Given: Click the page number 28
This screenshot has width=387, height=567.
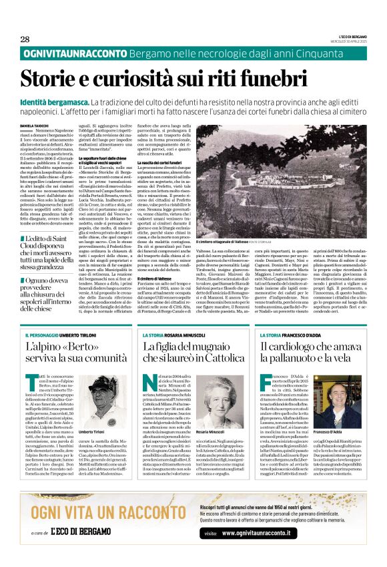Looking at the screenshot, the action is [x=25, y=39].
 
